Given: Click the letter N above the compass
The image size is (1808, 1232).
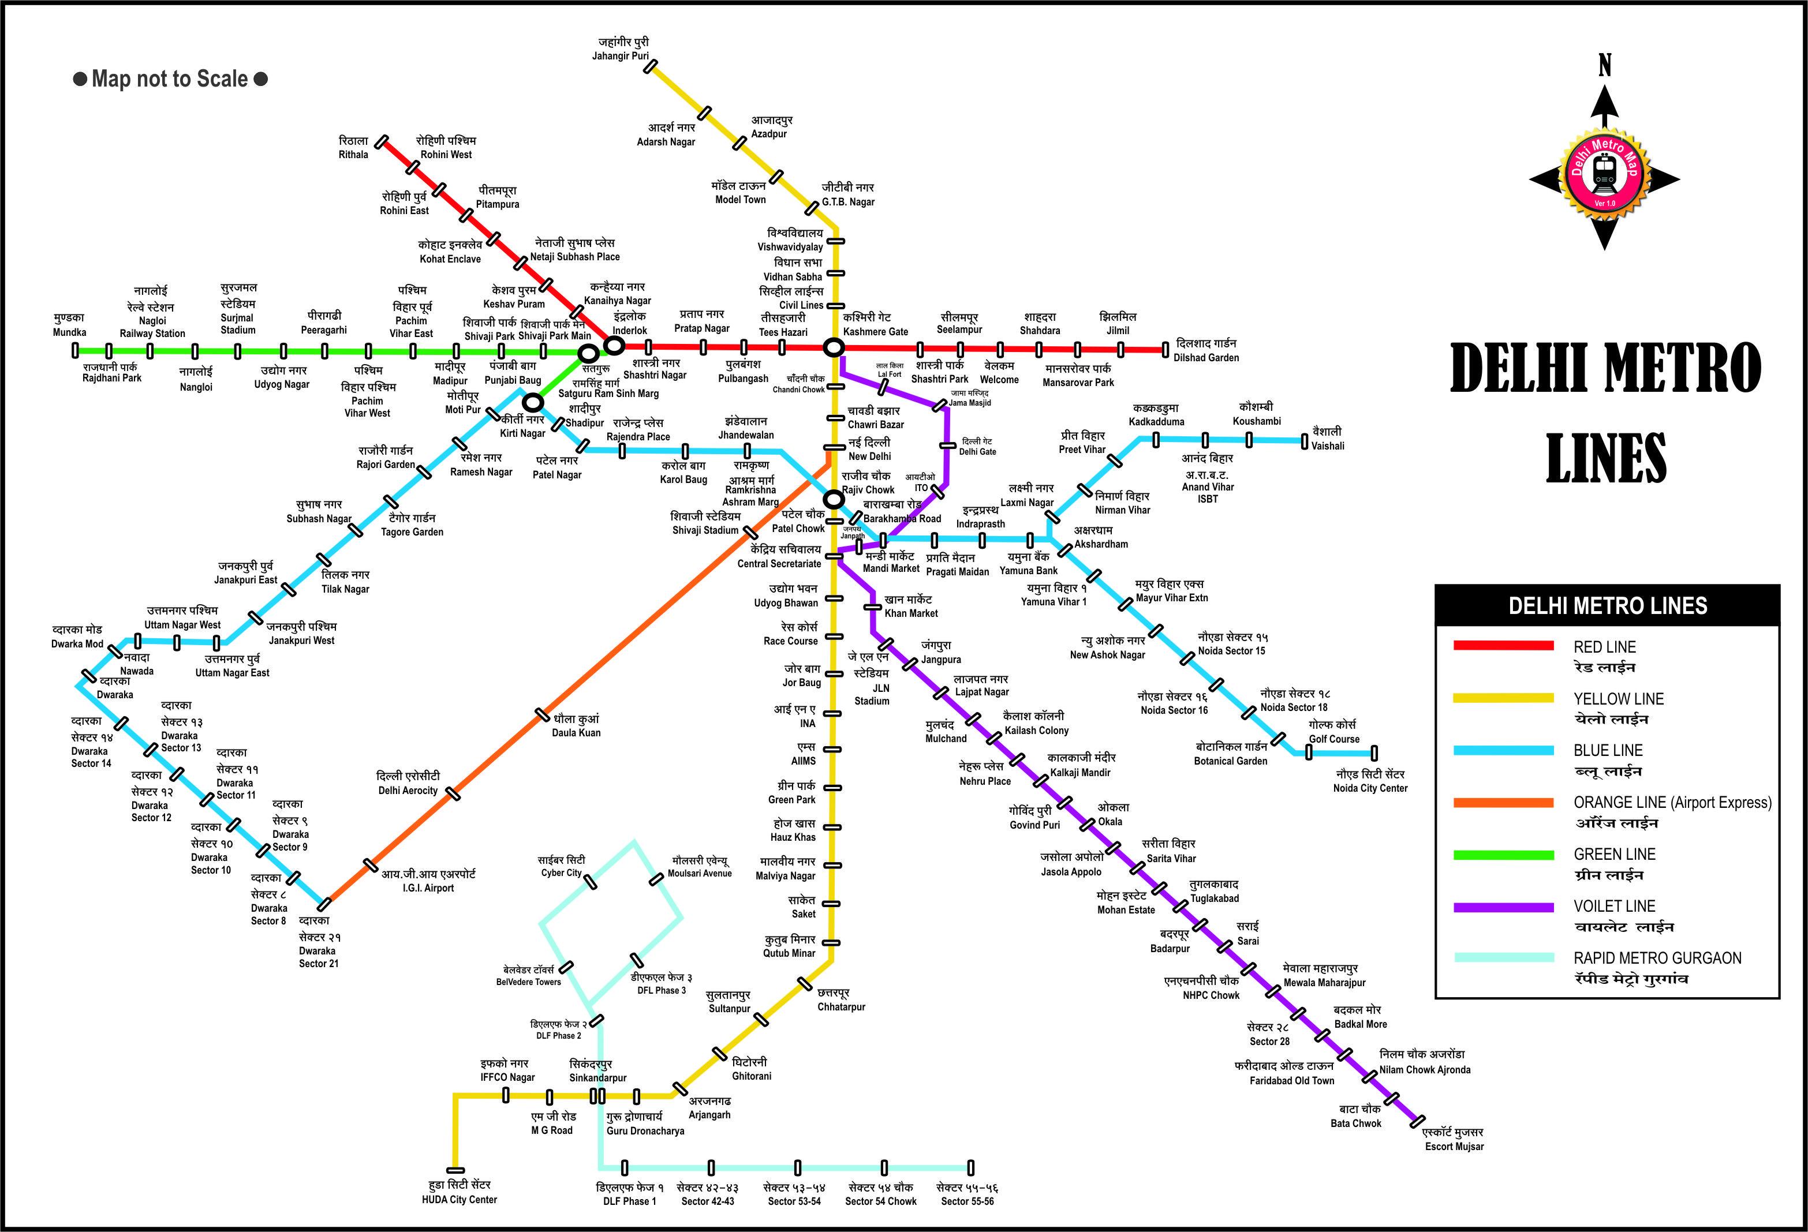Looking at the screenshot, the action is coord(1605,67).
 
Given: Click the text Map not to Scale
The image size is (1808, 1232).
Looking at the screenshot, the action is coord(170,78).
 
